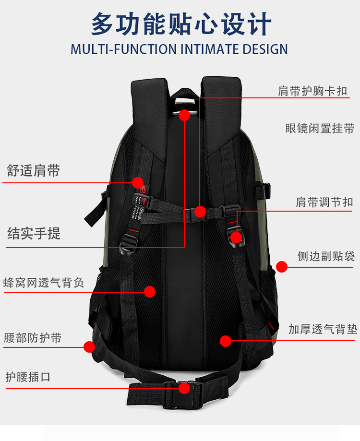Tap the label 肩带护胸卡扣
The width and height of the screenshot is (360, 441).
pyautogui.click(x=312, y=91)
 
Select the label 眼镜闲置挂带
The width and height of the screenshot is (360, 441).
pyautogui.click(x=319, y=129)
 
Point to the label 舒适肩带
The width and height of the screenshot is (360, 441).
pyautogui.click(x=34, y=170)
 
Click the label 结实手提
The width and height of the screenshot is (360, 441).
pyautogui.click(x=34, y=234)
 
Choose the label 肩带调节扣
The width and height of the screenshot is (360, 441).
pyautogui.click(x=324, y=202)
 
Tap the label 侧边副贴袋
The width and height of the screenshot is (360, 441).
pyautogui.click(x=326, y=256)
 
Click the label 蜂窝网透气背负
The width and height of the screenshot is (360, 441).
pyautogui.click(x=44, y=283)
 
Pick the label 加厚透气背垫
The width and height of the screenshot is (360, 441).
pyautogui.click(x=323, y=329)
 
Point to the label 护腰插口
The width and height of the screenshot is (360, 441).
pyautogui.click(x=28, y=377)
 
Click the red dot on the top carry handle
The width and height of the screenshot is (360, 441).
pyautogui.click(x=184, y=115)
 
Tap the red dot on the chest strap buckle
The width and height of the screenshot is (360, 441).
pyautogui.click(x=200, y=211)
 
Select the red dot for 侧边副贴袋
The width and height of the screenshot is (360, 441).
pyautogui.click(x=281, y=267)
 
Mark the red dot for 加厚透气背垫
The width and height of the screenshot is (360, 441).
pyautogui.click(x=226, y=341)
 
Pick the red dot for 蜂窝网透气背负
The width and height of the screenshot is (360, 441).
pyautogui.click(x=150, y=291)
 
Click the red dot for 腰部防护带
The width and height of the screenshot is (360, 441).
pyautogui.click(x=89, y=346)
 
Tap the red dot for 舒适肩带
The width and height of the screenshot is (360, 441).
pyautogui.click(x=137, y=182)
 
